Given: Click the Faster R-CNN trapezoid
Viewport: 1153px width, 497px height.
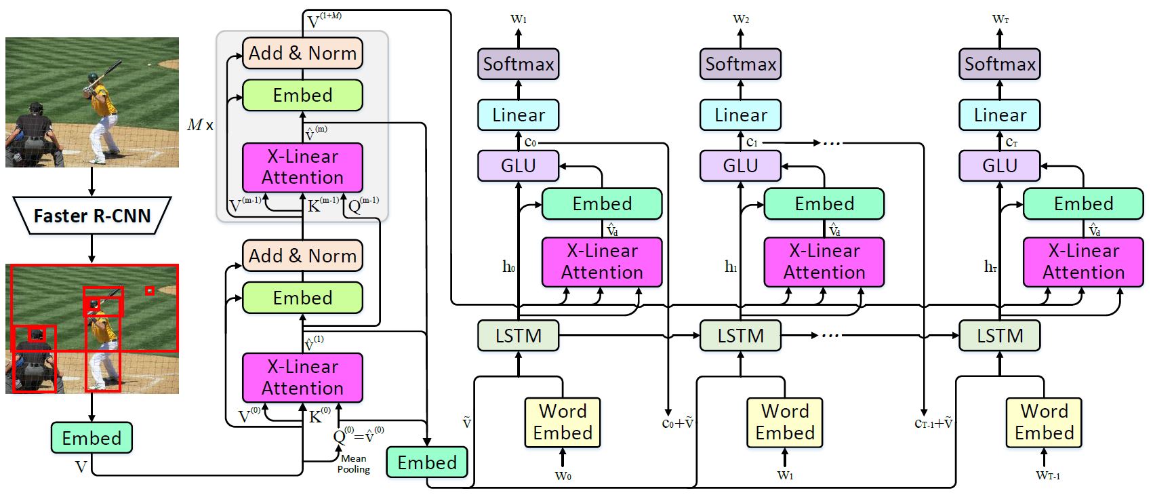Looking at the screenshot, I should pyautogui.click(x=92, y=216).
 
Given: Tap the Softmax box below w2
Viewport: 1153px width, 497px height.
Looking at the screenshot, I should pyautogui.click(x=740, y=64).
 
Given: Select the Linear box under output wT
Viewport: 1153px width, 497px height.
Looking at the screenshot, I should pyautogui.click(x=999, y=115).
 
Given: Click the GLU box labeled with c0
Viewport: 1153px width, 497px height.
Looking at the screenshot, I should pyautogui.click(x=518, y=166).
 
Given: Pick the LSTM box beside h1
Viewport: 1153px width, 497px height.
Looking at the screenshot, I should pyautogui.click(x=740, y=336).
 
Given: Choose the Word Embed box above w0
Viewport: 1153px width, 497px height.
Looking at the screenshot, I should pyautogui.click(x=562, y=422).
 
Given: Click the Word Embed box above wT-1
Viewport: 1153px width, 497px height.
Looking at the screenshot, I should pyautogui.click(x=1044, y=422).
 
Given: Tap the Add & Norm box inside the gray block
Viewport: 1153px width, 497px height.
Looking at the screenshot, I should pyautogui.click(x=302, y=54).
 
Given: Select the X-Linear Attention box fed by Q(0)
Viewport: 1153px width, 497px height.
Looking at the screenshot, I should pyautogui.click(x=302, y=377).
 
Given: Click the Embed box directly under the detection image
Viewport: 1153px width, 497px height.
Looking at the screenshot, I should pyautogui.click(x=92, y=438).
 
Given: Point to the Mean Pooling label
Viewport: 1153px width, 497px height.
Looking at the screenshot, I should pyautogui.click(x=353, y=464).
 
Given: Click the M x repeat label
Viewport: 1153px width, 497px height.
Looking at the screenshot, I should pyautogui.click(x=200, y=125).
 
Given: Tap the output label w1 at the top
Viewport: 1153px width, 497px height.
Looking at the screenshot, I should pyautogui.click(x=519, y=19).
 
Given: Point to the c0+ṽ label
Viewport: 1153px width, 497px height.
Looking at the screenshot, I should pyautogui.click(x=677, y=423).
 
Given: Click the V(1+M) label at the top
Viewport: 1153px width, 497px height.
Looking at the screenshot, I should pyautogui.click(x=324, y=21).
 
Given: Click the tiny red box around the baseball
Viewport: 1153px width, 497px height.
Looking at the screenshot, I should pyautogui.click(x=150, y=291).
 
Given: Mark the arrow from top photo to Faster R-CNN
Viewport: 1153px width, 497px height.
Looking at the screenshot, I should pyautogui.click(x=92, y=182).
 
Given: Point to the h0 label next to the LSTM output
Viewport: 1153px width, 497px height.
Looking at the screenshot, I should pyautogui.click(x=508, y=266).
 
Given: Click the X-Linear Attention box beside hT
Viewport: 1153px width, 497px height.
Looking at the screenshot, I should pyautogui.click(x=1083, y=262).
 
